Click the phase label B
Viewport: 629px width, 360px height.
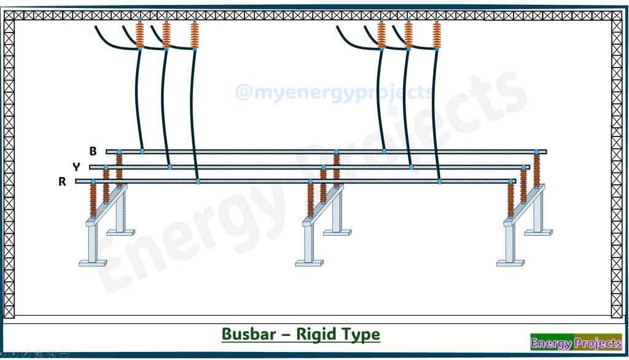point(93,151)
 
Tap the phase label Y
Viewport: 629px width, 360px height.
point(76,166)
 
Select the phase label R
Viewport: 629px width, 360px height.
point(62,181)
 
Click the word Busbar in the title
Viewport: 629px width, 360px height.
point(249,334)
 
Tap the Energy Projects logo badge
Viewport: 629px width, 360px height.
point(576,342)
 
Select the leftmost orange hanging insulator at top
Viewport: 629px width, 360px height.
point(139,34)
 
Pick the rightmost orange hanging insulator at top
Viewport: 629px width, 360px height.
point(437,34)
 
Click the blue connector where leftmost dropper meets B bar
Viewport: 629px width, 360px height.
point(143,151)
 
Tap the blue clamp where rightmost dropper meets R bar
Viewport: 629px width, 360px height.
point(440,181)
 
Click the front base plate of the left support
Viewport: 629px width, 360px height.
point(93,264)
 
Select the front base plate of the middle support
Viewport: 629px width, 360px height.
point(310,264)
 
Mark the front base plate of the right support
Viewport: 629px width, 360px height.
point(510,264)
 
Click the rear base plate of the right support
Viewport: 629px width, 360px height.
point(538,232)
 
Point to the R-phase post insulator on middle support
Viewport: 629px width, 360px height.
point(310,200)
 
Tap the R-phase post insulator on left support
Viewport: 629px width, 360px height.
point(93,200)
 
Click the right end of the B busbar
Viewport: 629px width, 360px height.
point(546,152)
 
